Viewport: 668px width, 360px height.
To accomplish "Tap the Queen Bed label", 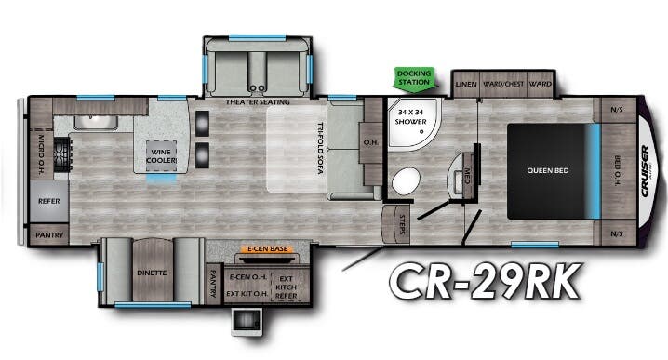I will (547, 170).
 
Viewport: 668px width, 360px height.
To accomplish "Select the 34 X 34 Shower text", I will (411, 115).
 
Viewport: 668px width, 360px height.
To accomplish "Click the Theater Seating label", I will (257, 101).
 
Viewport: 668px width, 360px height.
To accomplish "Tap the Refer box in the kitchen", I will (48, 200).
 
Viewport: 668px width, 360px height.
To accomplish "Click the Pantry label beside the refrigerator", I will (49, 235).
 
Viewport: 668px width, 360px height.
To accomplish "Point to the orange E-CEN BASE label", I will (263, 249).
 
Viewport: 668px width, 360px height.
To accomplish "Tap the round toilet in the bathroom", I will (406, 180).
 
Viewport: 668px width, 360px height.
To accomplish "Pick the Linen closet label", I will (466, 84).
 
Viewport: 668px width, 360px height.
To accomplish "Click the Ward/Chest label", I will (503, 84).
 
